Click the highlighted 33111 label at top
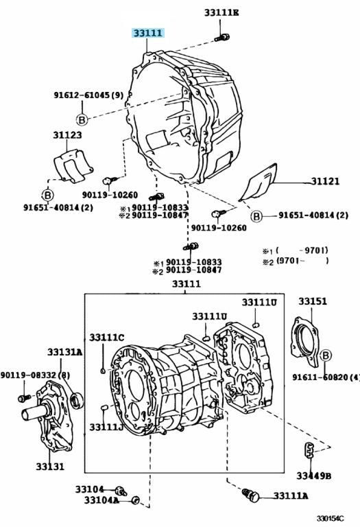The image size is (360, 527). [147, 33]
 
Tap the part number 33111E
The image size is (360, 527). [221, 13]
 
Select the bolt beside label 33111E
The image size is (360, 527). [221, 37]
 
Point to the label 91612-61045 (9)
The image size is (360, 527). [88, 95]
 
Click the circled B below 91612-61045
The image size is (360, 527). [82, 119]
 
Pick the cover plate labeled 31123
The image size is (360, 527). [73, 166]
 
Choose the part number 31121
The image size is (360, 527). [325, 181]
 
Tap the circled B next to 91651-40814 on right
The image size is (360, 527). [256, 216]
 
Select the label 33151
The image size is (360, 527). [312, 301]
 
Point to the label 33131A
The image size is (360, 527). [64, 352]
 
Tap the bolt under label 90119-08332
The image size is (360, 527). [25, 398]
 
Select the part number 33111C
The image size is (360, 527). [106, 338]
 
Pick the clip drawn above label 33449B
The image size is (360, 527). [309, 449]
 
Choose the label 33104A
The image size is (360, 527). [101, 500]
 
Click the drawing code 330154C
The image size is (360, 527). [330, 519]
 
